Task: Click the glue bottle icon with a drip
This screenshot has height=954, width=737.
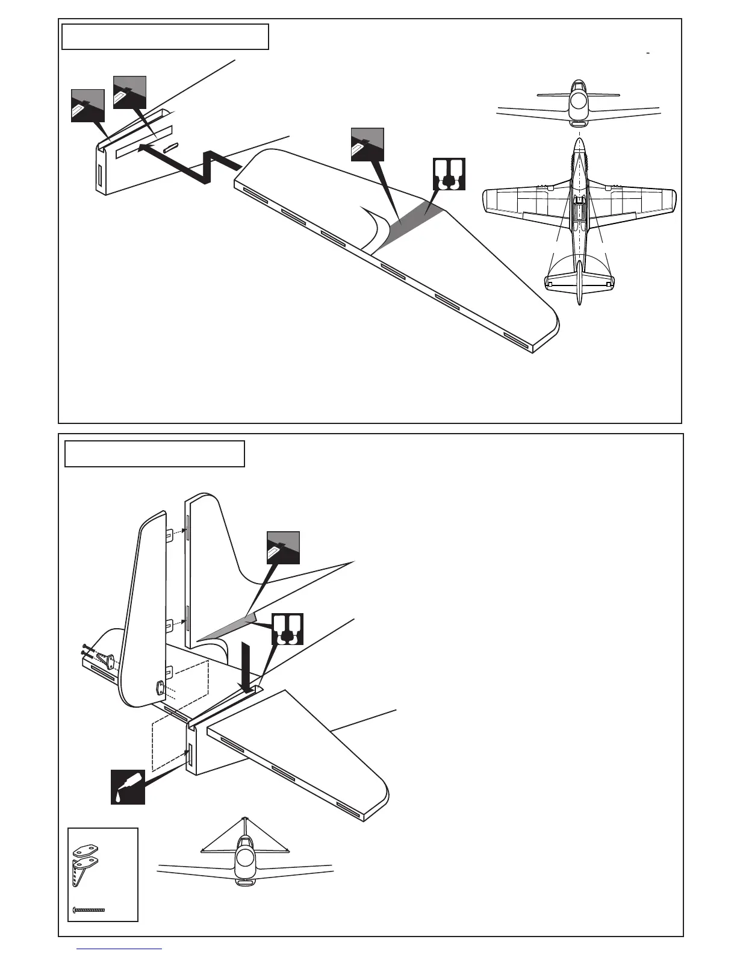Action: click(x=128, y=787)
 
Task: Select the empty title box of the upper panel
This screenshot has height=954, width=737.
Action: click(x=165, y=37)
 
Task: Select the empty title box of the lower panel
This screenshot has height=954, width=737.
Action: click(x=154, y=454)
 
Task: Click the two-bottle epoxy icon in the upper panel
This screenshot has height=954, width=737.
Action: click(x=449, y=174)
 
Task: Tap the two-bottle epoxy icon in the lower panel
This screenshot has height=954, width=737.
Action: click(x=287, y=629)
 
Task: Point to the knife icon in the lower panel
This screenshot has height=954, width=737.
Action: click(x=283, y=548)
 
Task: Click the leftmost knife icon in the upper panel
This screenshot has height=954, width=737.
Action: click(x=88, y=105)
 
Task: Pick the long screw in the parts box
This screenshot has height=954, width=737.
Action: click(x=89, y=909)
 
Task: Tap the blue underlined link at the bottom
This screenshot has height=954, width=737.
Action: click(x=120, y=950)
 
